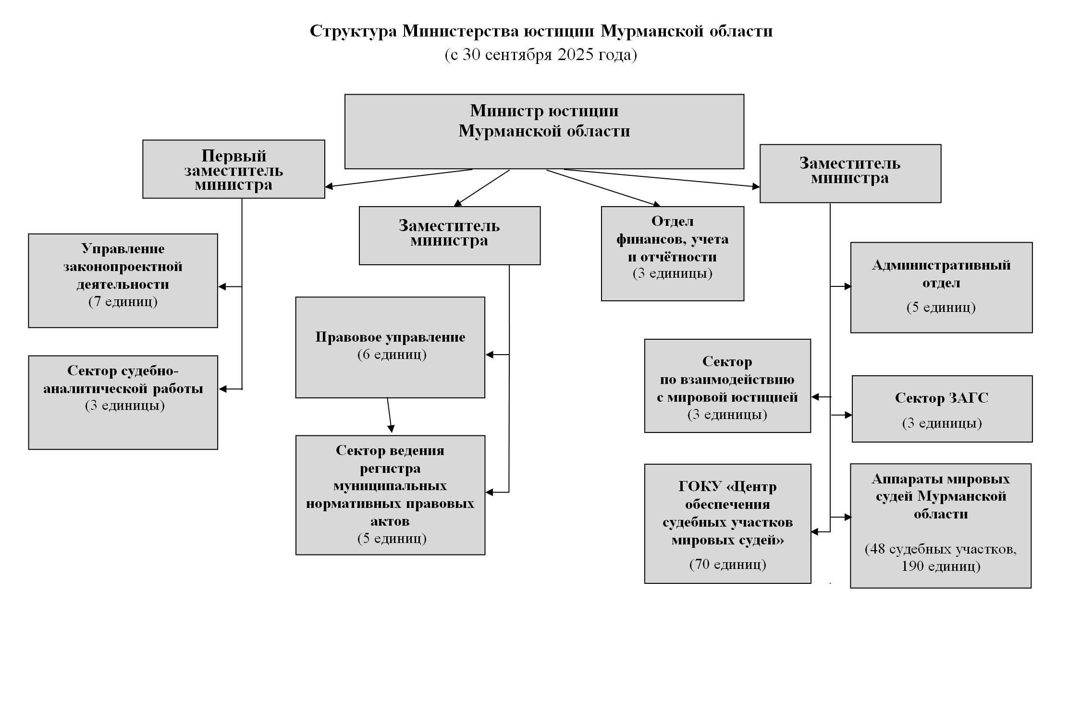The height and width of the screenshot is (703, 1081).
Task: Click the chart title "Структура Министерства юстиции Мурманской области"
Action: [x=541, y=31]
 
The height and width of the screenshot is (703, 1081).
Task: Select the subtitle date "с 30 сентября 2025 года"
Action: [x=541, y=55]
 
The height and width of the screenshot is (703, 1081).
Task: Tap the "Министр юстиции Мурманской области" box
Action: [x=544, y=131]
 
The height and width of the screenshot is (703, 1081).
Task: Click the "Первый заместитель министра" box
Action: [x=233, y=169]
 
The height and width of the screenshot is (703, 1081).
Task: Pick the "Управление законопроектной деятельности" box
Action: [x=123, y=281]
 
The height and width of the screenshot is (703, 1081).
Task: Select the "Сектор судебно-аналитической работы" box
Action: [x=123, y=402]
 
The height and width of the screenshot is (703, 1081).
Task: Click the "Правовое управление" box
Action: [x=390, y=347]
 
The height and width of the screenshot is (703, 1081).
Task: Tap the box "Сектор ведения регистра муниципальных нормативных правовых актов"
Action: [x=390, y=495]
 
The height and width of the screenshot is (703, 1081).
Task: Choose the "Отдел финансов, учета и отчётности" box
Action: [x=672, y=253]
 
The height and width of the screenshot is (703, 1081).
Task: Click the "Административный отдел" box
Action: [x=941, y=287]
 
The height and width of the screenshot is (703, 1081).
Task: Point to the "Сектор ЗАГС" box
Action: [x=942, y=408]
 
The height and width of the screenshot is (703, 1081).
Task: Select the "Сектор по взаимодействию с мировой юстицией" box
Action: [x=727, y=386]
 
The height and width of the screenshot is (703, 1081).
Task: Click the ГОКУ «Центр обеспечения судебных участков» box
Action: [x=727, y=523]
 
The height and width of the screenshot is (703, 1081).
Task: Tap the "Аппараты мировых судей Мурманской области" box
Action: [x=940, y=525]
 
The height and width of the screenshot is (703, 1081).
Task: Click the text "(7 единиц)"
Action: [x=123, y=302]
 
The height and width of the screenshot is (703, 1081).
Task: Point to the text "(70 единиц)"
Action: [x=727, y=564]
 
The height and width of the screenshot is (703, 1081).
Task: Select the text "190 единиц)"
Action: [x=940, y=566]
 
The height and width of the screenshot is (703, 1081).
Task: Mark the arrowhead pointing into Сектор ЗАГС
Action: [x=848, y=415]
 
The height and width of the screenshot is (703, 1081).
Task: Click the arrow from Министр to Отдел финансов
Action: [x=603, y=188]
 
